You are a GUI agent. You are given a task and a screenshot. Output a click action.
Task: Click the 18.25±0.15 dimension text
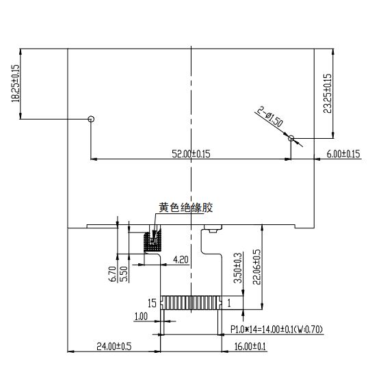[15, 83]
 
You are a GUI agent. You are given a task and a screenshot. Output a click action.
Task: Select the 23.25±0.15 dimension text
[328, 93]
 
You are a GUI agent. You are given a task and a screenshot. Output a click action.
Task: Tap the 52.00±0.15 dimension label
[191, 154]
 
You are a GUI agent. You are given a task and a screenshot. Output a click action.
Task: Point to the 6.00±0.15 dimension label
[343, 154]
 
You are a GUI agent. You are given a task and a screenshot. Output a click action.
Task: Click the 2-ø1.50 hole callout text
[270, 117]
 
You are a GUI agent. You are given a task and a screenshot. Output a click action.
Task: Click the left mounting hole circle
[91, 119]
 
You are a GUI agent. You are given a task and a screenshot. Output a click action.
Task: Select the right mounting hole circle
[291, 138]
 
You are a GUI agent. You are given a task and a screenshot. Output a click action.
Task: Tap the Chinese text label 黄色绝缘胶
[185, 208]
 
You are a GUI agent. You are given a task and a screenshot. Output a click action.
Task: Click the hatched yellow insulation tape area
[153, 240]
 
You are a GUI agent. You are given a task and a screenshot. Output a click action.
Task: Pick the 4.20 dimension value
[181, 260]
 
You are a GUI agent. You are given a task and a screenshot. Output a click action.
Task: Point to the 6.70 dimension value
[112, 274]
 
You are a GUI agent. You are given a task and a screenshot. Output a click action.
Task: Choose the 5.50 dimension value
[124, 274]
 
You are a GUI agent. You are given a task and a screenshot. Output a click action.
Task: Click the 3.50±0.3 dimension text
[238, 267]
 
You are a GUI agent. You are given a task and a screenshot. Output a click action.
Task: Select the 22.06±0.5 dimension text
[256, 267]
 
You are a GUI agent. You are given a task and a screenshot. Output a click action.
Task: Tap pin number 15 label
[152, 303]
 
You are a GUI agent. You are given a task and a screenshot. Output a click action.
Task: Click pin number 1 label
[229, 303]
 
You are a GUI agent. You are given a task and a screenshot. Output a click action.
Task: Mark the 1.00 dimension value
[141, 316]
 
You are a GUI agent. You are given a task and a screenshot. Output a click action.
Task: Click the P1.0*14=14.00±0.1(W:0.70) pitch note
[276, 330]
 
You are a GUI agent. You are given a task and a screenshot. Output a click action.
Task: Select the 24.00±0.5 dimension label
[114, 346]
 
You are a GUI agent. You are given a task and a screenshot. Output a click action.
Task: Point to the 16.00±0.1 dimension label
[250, 346]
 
